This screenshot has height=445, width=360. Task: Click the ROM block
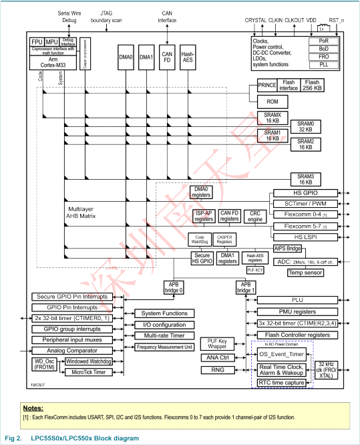pyautogui.click(x=272, y=102)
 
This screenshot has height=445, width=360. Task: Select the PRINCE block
pyautogui.click(x=267, y=85)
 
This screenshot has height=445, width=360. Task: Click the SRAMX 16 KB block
pyautogui.click(x=272, y=118)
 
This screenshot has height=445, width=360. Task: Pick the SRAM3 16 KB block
pyautogui.click(x=305, y=178)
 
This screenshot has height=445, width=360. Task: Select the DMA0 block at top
pyautogui.click(x=126, y=58)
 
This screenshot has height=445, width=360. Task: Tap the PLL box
pyautogui.click(x=323, y=65)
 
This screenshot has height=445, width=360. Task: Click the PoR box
pyautogui.click(x=323, y=41)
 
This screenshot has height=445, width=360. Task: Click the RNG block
pyautogui.click(x=216, y=369)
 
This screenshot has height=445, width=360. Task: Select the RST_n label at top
pyautogui.click(x=338, y=21)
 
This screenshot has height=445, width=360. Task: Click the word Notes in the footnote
pyautogui.click(x=33, y=408)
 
